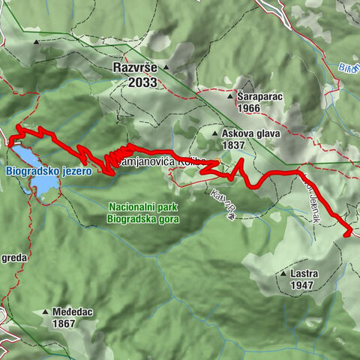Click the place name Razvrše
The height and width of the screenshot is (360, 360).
tap(135, 67)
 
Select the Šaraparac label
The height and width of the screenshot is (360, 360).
tap(258, 97)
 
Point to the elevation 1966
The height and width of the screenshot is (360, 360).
tap(251, 109)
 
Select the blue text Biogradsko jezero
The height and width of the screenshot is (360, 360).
tap(48, 172)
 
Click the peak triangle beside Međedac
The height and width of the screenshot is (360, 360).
tap(46, 312)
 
